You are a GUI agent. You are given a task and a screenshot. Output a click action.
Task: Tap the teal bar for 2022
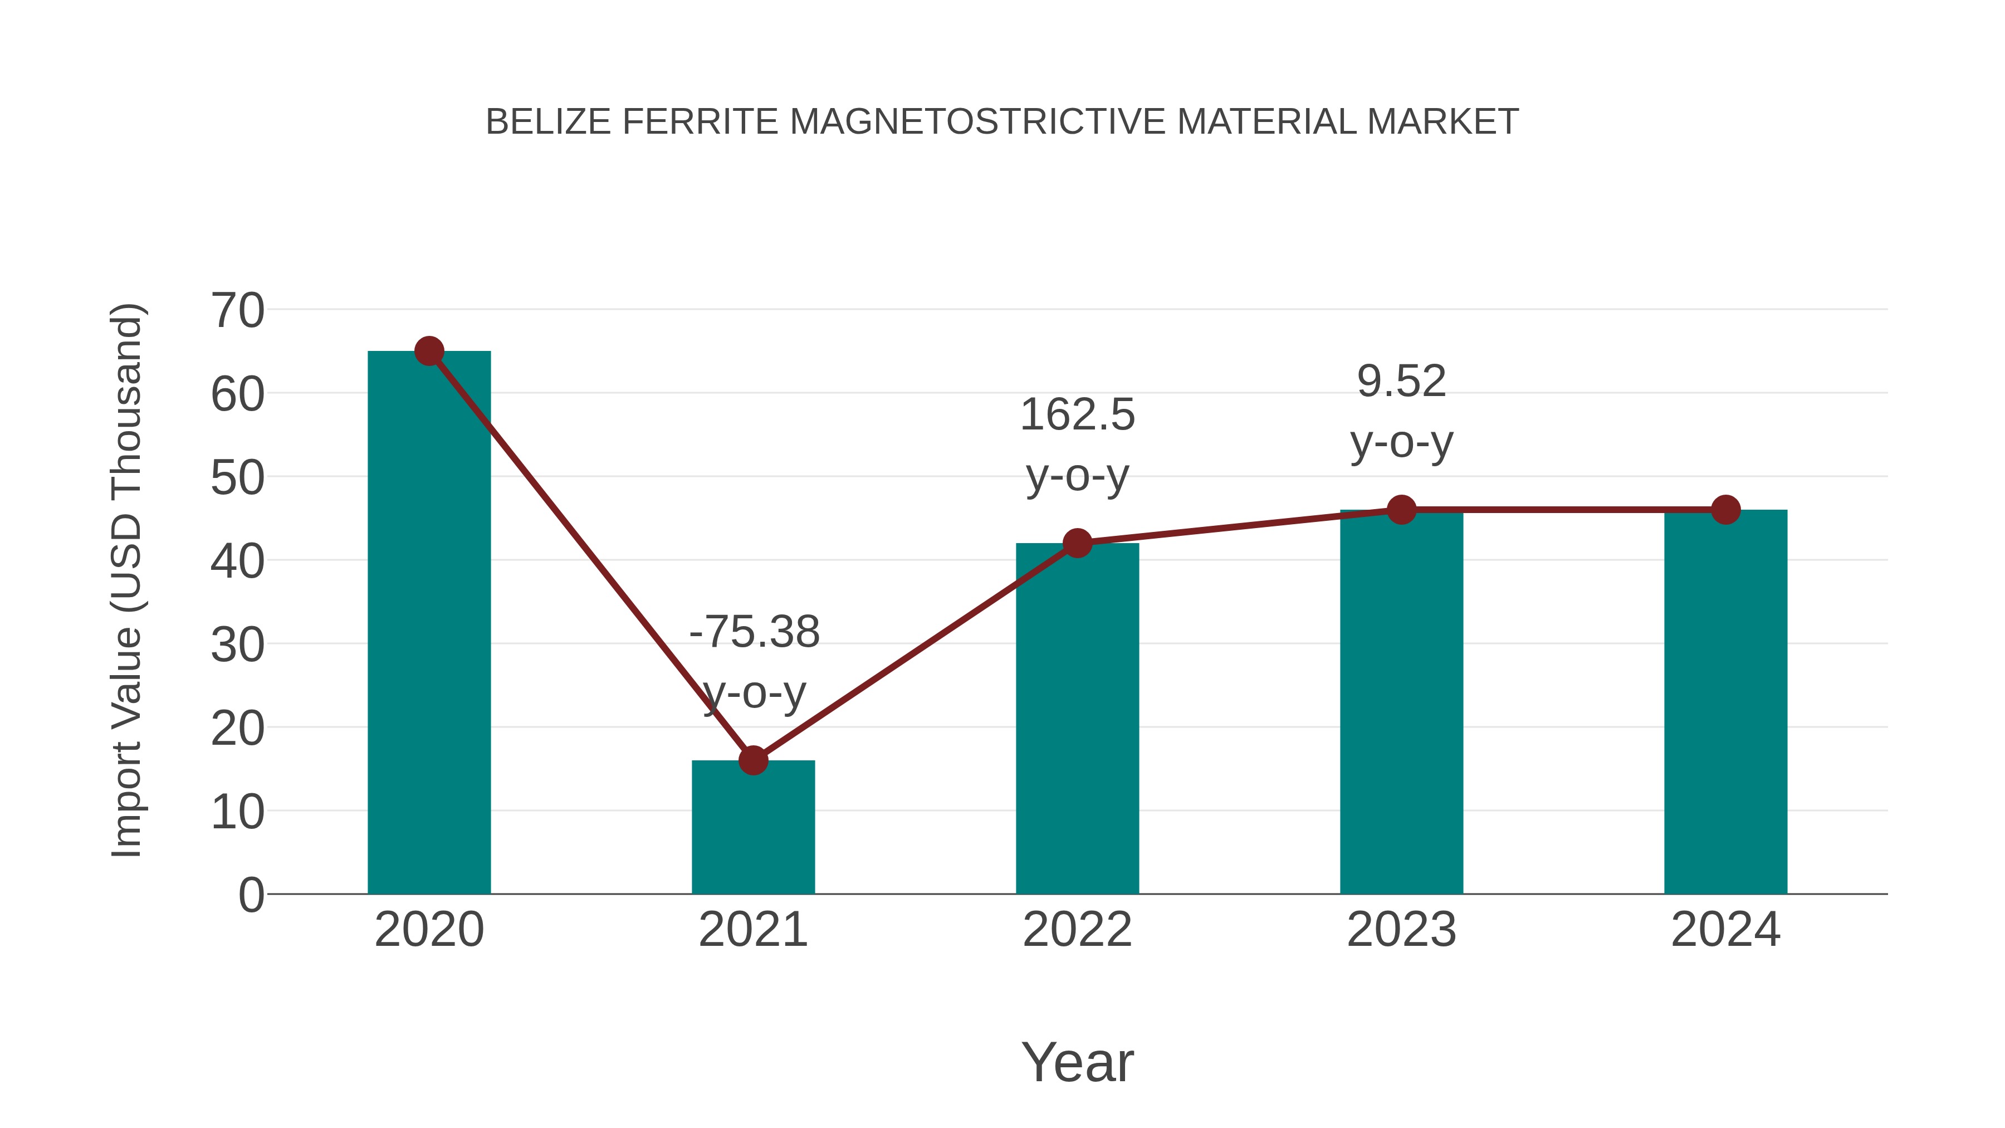[x=1077, y=724]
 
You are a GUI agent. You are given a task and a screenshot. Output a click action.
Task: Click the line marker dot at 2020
[x=429, y=351]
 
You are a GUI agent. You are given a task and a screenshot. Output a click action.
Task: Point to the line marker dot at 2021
[x=752, y=760]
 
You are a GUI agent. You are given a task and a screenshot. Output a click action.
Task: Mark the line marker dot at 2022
[x=1077, y=543]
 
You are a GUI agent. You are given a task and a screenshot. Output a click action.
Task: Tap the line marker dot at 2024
[x=1725, y=510]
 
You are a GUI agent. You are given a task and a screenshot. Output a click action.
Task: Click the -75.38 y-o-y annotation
[x=754, y=662]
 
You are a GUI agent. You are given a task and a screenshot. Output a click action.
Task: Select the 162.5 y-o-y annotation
[x=1077, y=445]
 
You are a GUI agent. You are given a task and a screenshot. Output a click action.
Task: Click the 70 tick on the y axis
[x=237, y=311]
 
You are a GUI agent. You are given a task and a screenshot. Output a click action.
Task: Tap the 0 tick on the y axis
[x=251, y=895]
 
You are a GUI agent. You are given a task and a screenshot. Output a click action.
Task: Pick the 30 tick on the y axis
[x=237, y=646]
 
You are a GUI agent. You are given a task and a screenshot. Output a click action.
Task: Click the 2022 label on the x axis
[x=1077, y=930]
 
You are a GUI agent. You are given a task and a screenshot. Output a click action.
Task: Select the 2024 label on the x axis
[x=1725, y=930]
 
